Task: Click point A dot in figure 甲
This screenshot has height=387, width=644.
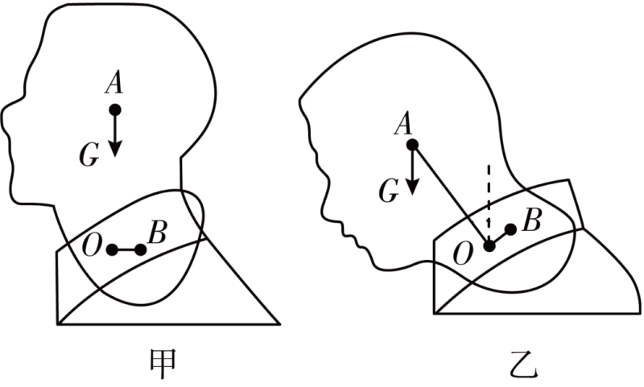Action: [x=115, y=110]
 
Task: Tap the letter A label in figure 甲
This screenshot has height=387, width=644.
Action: [x=114, y=84]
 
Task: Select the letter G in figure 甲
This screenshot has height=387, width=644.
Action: [x=89, y=156]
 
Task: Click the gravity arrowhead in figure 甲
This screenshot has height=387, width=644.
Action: [x=115, y=149]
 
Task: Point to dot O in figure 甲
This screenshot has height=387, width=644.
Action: [x=112, y=249]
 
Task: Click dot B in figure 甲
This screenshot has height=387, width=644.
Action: [x=140, y=249]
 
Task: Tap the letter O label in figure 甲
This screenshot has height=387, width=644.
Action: [x=91, y=246]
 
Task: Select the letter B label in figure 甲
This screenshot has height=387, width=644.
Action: [x=157, y=233]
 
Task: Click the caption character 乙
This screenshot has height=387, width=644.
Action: [x=524, y=364]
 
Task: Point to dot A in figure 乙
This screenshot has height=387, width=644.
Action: [x=412, y=145]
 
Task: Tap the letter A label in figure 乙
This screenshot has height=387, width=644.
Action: [x=403, y=124]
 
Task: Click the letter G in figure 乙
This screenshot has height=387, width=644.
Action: [x=389, y=191]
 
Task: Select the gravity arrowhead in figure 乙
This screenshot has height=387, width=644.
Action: [x=412, y=187]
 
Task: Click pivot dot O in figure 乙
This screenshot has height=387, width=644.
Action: [x=489, y=246]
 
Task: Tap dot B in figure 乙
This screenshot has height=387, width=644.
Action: [x=510, y=230]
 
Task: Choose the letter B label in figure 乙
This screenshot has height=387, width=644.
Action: [x=531, y=220]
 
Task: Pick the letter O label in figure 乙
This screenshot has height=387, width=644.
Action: [x=463, y=254]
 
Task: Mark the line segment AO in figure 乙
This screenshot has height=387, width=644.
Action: [x=451, y=196]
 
